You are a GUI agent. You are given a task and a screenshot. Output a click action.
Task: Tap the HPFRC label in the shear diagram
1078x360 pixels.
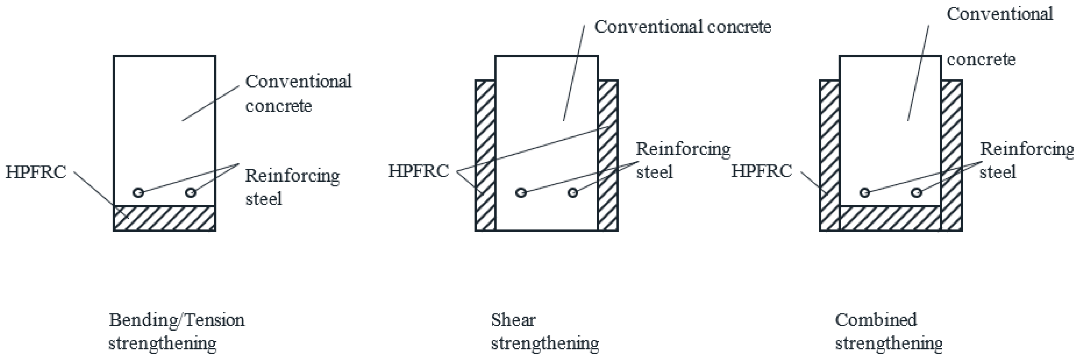[418, 171]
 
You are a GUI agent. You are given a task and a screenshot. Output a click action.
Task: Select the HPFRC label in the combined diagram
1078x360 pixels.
[762, 171]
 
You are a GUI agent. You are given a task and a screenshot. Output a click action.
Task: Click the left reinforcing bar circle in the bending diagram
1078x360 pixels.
[138, 192]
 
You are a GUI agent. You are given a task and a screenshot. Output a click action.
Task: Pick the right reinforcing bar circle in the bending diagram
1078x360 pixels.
[191, 192]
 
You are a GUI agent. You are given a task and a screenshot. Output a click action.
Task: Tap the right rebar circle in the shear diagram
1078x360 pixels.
[573, 192]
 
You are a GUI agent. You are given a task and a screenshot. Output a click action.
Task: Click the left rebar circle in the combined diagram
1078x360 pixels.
[865, 192]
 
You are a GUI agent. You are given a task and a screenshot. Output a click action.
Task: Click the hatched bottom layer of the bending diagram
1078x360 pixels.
[164, 218]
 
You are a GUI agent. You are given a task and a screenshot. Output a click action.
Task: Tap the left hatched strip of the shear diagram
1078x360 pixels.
[485, 155]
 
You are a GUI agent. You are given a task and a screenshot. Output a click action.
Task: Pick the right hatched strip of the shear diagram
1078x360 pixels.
[608, 155]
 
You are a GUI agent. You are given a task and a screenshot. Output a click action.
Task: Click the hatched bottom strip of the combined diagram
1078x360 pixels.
[890, 218]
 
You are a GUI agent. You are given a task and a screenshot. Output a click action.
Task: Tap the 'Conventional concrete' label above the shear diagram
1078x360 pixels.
[683, 27]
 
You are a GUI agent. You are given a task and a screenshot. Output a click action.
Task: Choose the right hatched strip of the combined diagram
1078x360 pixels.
[952, 155]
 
